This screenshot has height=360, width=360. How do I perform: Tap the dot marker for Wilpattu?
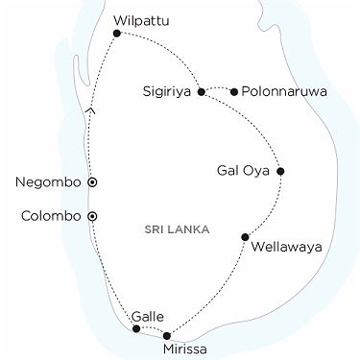tap(117, 34)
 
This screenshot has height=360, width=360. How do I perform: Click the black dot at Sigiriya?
tap(200, 92)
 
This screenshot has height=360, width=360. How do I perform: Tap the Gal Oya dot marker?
tap(280, 173)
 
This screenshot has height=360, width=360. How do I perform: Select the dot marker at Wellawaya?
tap(246, 236)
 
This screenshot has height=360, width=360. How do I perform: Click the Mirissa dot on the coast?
tap(167, 336)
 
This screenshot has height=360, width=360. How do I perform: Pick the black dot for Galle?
tap(136, 329)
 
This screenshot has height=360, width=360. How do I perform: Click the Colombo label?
tap(50, 216)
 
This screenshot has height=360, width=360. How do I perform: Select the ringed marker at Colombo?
tap(92, 216)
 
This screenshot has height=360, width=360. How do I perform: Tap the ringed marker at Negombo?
tap(92, 181)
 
